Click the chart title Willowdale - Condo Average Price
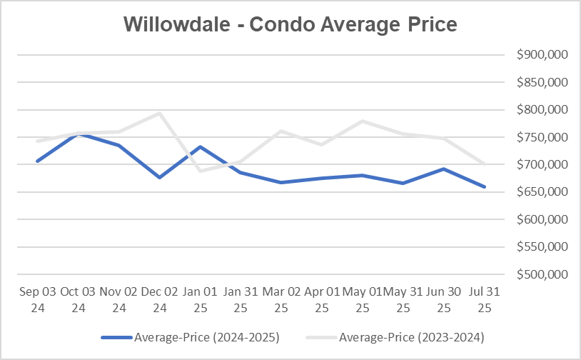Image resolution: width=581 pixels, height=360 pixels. [x=290, y=24]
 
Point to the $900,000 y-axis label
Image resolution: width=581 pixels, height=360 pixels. [x=540, y=55]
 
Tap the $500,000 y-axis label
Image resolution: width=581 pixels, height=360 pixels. [x=540, y=274]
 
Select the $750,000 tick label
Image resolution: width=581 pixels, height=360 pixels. [x=540, y=137]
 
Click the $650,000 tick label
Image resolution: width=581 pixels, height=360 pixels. [x=540, y=192]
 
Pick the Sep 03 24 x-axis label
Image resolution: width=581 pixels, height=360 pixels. [x=37, y=300]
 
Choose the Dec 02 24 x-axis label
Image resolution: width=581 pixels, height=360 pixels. [x=159, y=300]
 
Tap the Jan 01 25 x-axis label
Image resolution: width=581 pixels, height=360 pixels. [x=200, y=300]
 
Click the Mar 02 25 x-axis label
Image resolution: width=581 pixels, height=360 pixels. [x=281, y=300]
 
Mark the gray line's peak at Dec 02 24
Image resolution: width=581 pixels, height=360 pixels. [x=159, y=113]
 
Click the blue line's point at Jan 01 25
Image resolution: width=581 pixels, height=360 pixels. [x=200, y=146]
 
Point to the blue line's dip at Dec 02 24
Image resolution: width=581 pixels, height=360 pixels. [x=159, y=177]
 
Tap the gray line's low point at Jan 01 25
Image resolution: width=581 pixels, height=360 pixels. [x=200, y=171]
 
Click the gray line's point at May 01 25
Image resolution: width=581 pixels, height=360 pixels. [x=363, y=121]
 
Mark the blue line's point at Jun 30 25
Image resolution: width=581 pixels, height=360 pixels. [x=445, y=169]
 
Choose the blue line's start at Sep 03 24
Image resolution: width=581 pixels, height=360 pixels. [x=37, y=161]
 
